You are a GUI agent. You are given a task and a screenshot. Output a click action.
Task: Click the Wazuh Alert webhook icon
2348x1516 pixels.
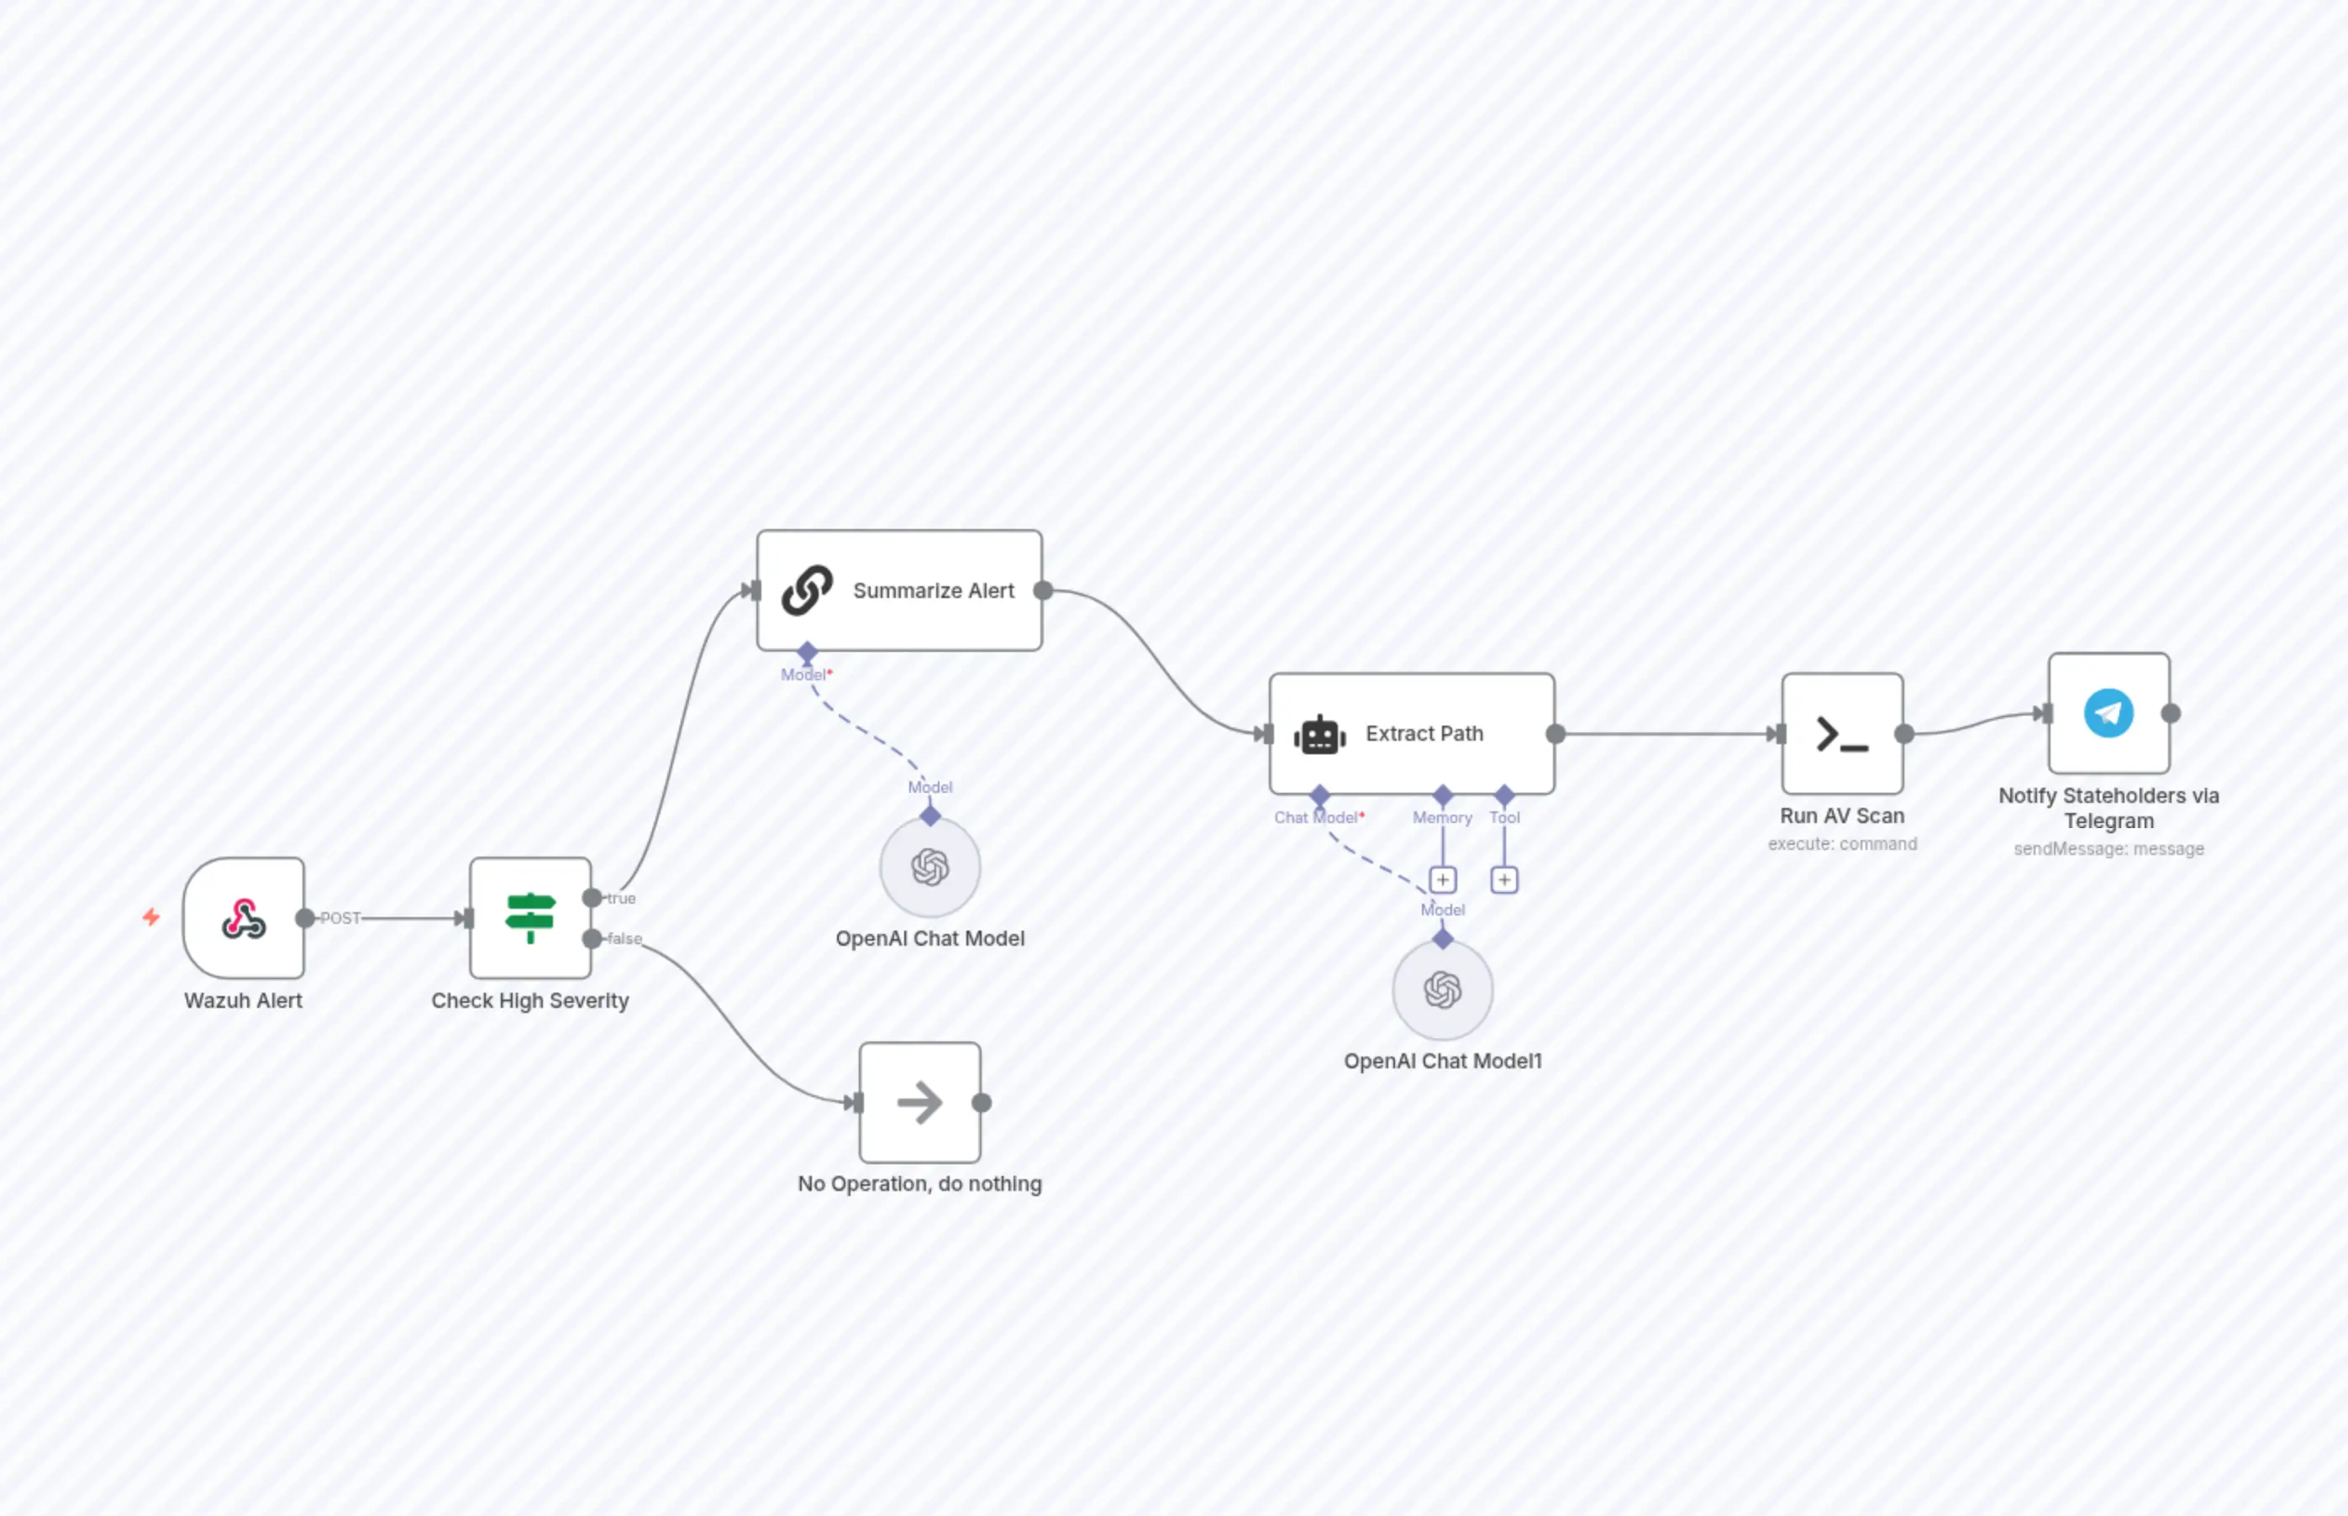point(243,919)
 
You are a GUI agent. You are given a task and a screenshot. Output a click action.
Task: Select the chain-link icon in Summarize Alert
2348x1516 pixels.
point(807,590)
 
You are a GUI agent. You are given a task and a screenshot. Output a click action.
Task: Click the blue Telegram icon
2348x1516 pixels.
point(2108,714)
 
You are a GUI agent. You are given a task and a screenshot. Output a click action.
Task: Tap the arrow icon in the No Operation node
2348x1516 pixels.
point(920,1103)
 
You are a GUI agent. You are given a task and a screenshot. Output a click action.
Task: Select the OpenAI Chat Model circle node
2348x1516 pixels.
point(929,868)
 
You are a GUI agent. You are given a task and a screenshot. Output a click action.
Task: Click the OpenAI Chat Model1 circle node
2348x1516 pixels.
point(1443,990)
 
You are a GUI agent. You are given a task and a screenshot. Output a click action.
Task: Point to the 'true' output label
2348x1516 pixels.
point(622,899)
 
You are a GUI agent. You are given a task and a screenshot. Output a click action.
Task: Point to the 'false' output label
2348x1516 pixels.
point(624,939)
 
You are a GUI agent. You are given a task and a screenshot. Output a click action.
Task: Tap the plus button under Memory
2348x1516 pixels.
point(1443,880)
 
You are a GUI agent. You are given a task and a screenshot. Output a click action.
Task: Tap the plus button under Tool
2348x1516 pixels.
point(1504,880)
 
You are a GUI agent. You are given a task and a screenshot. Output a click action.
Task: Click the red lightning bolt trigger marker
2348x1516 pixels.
point(150,917)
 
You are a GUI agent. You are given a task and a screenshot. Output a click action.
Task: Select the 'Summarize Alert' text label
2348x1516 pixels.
point(933,590)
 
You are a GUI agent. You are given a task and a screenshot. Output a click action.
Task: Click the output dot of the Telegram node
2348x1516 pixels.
point(2171,714)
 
